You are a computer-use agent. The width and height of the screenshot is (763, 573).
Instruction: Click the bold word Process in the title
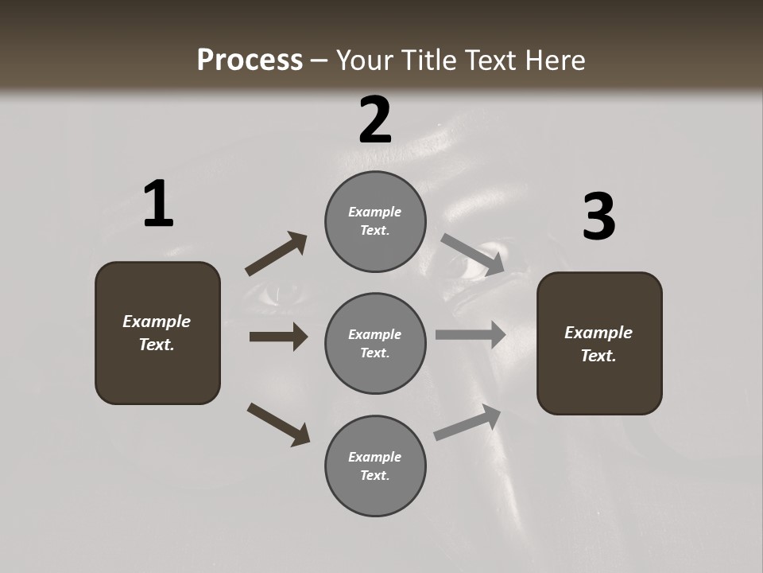tap(250, 60)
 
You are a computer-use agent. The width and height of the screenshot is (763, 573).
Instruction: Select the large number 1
tap(158, 205)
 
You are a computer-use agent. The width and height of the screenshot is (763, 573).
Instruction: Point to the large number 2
tap(375, 120)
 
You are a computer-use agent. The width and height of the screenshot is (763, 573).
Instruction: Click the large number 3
tap(598, 217)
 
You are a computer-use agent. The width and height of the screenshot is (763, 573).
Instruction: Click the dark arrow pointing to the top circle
tap(276, 254)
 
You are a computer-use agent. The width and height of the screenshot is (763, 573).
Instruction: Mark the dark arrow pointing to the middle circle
tap(278, 337)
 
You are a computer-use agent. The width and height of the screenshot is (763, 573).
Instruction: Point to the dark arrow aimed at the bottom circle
tap(278, 424)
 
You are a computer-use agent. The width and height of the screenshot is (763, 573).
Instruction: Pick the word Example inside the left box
tap(157, 322)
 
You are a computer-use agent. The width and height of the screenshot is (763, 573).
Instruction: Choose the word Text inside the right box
tap(598, 356)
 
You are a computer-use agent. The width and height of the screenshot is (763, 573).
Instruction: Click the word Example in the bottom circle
tap(374, 457)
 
